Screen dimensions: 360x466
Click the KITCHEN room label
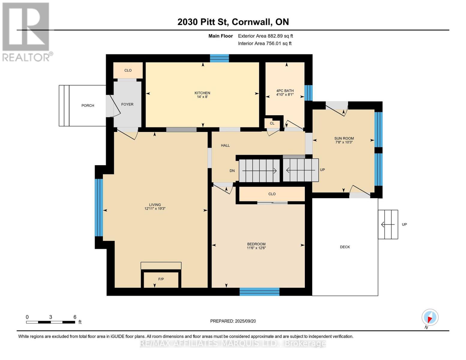click(x=202, y=93)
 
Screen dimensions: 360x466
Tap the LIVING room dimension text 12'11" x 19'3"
click(x=155, y=208)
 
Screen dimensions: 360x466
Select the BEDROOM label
click(x=256, y=244)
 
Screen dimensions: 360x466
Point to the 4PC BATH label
click(x=285, y=91)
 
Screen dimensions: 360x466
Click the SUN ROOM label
click(x=344, y=138)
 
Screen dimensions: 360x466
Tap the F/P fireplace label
click(x=161, y=279)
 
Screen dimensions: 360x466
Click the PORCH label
click(x=88, y=106)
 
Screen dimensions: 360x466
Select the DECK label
click(x=345, y=247)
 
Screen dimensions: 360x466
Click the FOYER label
click(x=127, y=104)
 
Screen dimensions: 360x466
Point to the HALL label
click(x=225, y=145)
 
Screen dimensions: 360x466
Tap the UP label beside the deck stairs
click(x=404, y=224)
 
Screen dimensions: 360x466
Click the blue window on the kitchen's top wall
click(x=219, y=58)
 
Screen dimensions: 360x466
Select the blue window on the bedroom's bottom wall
click(x=259, y=292)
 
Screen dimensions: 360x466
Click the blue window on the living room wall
click(x=99, y=207)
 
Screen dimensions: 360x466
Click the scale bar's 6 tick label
click(x=75, y=317)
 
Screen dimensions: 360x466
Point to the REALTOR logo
click(x=26, y=31)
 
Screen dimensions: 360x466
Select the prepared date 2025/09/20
click(x=245, y=321)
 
